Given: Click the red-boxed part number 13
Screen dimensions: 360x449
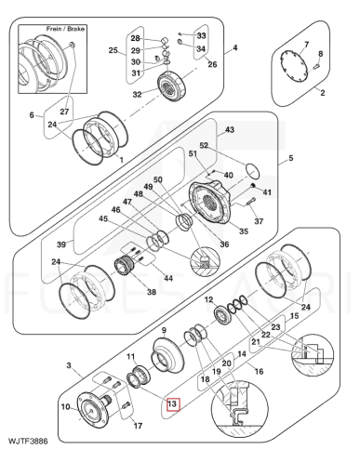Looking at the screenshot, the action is [x=173, y=403].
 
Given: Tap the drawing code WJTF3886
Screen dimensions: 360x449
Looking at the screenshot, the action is [x=28, y=441].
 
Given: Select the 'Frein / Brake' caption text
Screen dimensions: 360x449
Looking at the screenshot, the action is [x=65, y=29].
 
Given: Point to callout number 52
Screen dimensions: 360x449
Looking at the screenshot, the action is [x=204, y=145].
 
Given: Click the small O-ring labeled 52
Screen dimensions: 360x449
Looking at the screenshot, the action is [x=253, y=171].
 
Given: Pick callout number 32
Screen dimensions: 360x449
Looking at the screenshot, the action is [x=137, y=94].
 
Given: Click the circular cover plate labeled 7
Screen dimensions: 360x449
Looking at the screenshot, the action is [x=294, y=67].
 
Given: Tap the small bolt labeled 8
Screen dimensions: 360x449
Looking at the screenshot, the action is [x=315, y=66].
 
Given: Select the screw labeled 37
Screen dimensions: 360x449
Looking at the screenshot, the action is [x=251, y=201].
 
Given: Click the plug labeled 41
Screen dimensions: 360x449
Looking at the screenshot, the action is [x=253, y=186].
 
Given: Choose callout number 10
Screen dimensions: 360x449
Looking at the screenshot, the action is [x=65, y=406].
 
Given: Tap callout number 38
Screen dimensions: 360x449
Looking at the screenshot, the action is [x=152, y=292].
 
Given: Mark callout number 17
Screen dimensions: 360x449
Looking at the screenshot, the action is [x=138, y=426].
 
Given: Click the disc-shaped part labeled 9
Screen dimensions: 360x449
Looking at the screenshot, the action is [x=167, y=357].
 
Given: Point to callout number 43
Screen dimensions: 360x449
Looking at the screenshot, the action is [x=230, y=129].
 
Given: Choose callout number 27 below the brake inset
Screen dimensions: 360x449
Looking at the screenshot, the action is [x=64, y=112].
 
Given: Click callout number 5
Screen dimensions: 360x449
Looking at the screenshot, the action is [x=290, y=158].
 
